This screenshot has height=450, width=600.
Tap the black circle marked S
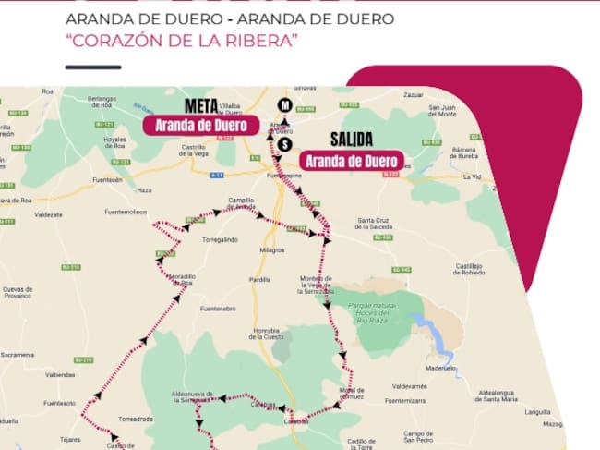coord(285,144)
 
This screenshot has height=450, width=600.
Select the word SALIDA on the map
coord(351,140)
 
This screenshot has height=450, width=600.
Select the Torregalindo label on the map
coord(218,239)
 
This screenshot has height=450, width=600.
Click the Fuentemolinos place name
coord(126,212)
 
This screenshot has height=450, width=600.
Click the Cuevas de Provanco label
coord(18,292)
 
